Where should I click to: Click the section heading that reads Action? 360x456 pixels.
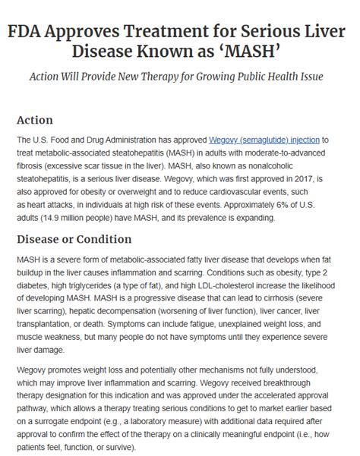[x=34, y=120]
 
